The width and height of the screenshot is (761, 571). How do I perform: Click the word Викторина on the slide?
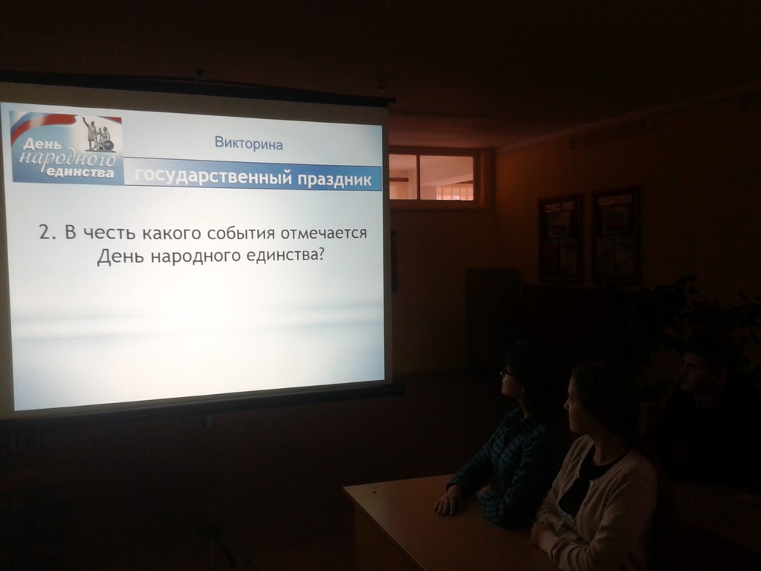pyautogui.click(x=248, y=143)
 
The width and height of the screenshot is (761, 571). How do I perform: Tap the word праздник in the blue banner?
pyautogui.click(x=334, y=179)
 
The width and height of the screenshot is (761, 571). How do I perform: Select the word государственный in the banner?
pyautogui.click(x=213, y=176)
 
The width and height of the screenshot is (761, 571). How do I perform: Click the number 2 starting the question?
pyautogui.click(x=45, y=233)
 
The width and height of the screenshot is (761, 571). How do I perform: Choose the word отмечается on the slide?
pyautogui.click(x=324, y=233)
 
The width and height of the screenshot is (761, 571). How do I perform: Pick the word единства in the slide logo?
pyautogui.click(x=80, y=172)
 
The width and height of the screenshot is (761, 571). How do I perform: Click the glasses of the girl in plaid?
pyautogui.click(x=508, y=373)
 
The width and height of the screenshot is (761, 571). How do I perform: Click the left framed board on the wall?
pyautogui.click(x=560, y=238)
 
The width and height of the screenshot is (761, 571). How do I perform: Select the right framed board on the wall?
pyautogui.click(x=616, y=236)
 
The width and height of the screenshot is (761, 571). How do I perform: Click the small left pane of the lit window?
pyautogui.click(x=403, y=177)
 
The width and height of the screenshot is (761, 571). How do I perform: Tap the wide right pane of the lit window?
pyautogui.click(x=447, y=178)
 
